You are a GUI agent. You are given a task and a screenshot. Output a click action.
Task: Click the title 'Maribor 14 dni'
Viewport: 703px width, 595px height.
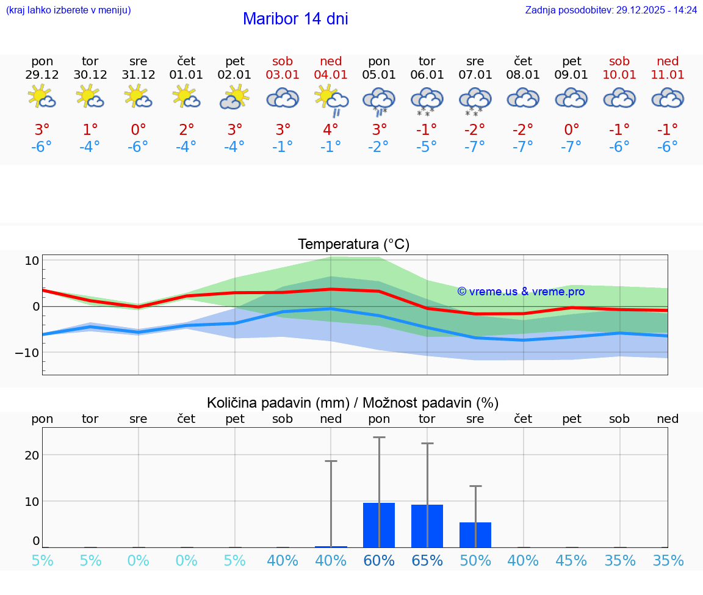point(295,19)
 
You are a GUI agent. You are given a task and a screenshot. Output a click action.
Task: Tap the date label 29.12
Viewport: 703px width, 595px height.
point(42,75)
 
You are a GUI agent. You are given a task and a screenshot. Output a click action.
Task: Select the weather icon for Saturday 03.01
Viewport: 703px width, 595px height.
point(283,98)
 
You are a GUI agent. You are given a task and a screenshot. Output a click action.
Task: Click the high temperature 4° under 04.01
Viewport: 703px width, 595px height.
point(331,129)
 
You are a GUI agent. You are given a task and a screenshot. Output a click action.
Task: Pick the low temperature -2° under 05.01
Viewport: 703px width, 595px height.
point(378,146)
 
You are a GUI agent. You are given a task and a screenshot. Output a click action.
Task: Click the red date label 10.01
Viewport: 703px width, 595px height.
point(619,75)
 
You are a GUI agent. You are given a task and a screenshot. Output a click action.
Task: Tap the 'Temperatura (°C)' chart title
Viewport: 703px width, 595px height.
point(353,245)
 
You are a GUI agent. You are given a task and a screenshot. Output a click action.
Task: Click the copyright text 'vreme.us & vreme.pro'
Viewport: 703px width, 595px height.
point(521,292)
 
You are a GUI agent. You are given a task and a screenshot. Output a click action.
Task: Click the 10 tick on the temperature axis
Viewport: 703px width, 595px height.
point(32,261)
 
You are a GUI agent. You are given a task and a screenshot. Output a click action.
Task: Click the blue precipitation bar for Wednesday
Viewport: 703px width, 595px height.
point(475,535)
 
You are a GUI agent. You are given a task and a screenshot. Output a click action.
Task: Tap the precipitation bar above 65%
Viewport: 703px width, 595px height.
point(427,525)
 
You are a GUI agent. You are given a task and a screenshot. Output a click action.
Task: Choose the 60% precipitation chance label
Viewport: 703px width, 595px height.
point(379,560)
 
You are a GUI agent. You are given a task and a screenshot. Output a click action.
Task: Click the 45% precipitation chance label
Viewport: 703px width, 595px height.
point(571,560)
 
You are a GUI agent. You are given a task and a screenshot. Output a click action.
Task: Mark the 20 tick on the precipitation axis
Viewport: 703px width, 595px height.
point(32,455)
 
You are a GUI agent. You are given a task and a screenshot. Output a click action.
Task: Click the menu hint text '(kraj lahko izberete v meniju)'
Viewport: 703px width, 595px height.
point(68,10)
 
